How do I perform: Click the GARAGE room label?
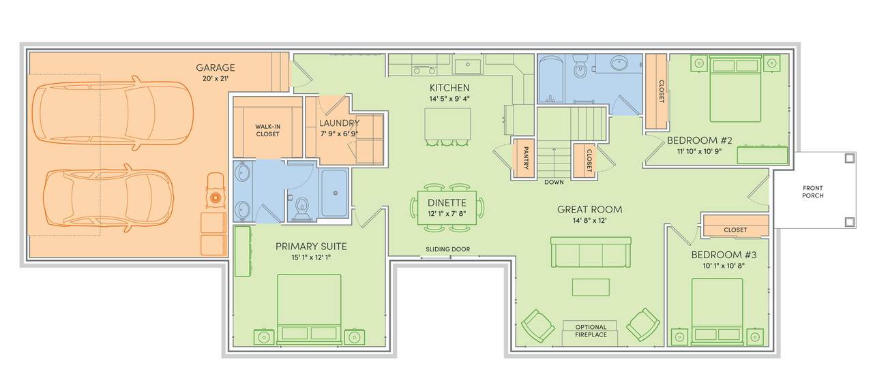tap(215, 67)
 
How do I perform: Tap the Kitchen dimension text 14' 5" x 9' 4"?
tap(449, 99)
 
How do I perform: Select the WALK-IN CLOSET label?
tap(268, 130)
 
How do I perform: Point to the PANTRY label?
tap(525, 158)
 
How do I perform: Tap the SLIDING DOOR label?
tap(448, 249)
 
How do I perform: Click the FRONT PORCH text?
tap(812, 192)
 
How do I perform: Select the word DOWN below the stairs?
tap(554, 183)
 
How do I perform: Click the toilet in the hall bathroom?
tap(580, 67)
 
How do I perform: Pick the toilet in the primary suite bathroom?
tap(301, 208)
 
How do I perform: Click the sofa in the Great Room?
tap(591, 252)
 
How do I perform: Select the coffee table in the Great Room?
tap(591, 287)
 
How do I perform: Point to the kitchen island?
tap(447, 123)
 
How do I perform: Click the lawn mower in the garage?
tap(215, 192)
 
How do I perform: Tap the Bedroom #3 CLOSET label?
tap(735, 230)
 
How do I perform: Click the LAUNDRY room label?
tap(340, 123)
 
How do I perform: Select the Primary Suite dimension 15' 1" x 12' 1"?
tap(311, 257)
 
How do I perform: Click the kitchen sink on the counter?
tap(468, 64)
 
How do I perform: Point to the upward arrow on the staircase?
tap(554, 161)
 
